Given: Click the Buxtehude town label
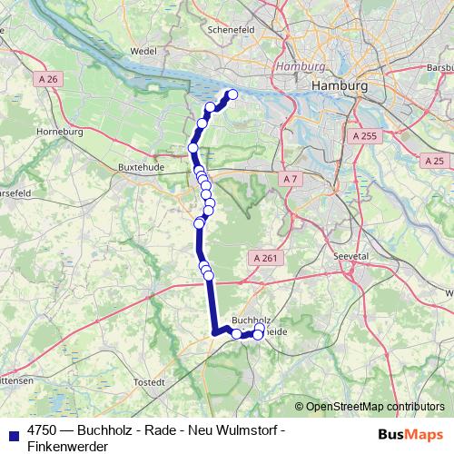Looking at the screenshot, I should point(139,167).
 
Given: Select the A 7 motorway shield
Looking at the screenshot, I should point(290,179).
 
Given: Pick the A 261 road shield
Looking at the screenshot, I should point(264,258).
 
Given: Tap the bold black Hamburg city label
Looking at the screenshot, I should point(339,84).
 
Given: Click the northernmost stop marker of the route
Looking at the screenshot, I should point(232,94).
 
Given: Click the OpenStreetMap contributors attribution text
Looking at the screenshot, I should point(374,406).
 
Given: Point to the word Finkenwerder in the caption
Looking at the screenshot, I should point(67,446).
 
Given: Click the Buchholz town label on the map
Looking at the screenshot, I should point(252,321).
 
